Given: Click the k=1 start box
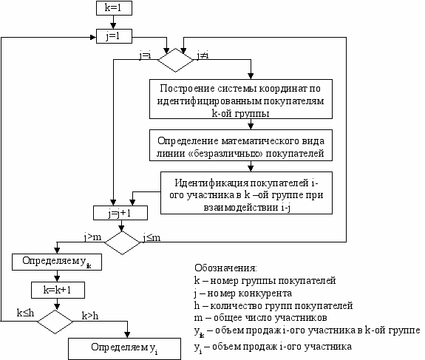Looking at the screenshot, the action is click(114, 8).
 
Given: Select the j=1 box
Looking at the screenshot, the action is click(114, 36).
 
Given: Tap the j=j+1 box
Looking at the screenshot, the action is click(120, 213).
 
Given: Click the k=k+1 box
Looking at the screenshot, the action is click(58, 290).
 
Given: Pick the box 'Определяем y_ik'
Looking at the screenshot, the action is click(57, 262).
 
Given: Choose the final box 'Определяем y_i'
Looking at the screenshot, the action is click(124, 349).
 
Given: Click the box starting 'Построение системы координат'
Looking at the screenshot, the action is click(241, 99).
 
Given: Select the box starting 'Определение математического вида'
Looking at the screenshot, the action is click(241, 146).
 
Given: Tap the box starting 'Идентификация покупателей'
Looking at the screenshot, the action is click(246, 193).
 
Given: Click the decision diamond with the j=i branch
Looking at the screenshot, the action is click(176, 60).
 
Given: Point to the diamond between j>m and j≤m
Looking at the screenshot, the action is click(122, 242).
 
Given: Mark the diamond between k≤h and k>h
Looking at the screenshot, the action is click(55, 322).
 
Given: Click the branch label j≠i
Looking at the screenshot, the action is click(203, 55).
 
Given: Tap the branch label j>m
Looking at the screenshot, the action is click(92, 237).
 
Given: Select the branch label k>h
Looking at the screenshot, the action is click(90, 316).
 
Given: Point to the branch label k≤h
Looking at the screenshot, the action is click(25, 313).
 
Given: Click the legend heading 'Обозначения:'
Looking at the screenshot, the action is click(225, 268).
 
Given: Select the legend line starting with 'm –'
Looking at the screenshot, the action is click(260, 318).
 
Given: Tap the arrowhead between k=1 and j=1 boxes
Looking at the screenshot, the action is click(113, 26).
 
